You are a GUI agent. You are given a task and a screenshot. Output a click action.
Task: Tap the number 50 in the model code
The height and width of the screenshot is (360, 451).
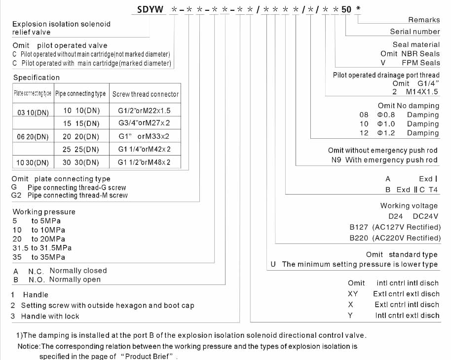click(x=347, y=9)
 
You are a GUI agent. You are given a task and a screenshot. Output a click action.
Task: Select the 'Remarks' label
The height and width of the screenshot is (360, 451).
click(x=424, y=20)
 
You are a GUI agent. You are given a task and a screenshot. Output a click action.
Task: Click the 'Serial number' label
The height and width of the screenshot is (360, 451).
click(x=414, y=32)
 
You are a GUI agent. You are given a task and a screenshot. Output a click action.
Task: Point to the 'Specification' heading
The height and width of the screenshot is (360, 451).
click(x=36, y=78)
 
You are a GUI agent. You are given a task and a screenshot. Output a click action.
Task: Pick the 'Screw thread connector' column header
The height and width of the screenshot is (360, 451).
click(x=145, y=94)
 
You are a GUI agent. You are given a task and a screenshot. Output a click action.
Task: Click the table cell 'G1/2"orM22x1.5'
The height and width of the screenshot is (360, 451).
click(x=144, y=111)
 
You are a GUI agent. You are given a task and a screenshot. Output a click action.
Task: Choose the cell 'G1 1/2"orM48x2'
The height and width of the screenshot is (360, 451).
click(x=144, y=162)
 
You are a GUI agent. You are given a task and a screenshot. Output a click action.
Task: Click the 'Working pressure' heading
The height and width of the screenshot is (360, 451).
click(x=44, y=212)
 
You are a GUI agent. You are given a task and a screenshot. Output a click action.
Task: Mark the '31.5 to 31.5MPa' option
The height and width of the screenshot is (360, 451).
click(x=42, y=248)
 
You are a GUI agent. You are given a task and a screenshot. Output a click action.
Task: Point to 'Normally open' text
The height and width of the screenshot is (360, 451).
click(x=75, y=280)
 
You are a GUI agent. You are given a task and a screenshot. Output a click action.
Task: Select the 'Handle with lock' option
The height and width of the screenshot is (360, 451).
click(x=50, y=316)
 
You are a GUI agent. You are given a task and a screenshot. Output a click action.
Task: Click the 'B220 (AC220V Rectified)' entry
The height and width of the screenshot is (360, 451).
click(x=395, y=238)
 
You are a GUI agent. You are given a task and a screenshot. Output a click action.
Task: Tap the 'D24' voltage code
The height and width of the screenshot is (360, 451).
click(x=396, y=216)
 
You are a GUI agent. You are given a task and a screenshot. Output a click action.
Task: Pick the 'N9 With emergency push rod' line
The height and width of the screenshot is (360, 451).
click(x=384, y=160)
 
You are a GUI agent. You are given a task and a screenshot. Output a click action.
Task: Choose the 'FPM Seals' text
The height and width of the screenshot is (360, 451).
click(x=420, y=63)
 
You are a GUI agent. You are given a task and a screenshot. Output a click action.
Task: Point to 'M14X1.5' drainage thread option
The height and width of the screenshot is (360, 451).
click(x=422, y=92)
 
